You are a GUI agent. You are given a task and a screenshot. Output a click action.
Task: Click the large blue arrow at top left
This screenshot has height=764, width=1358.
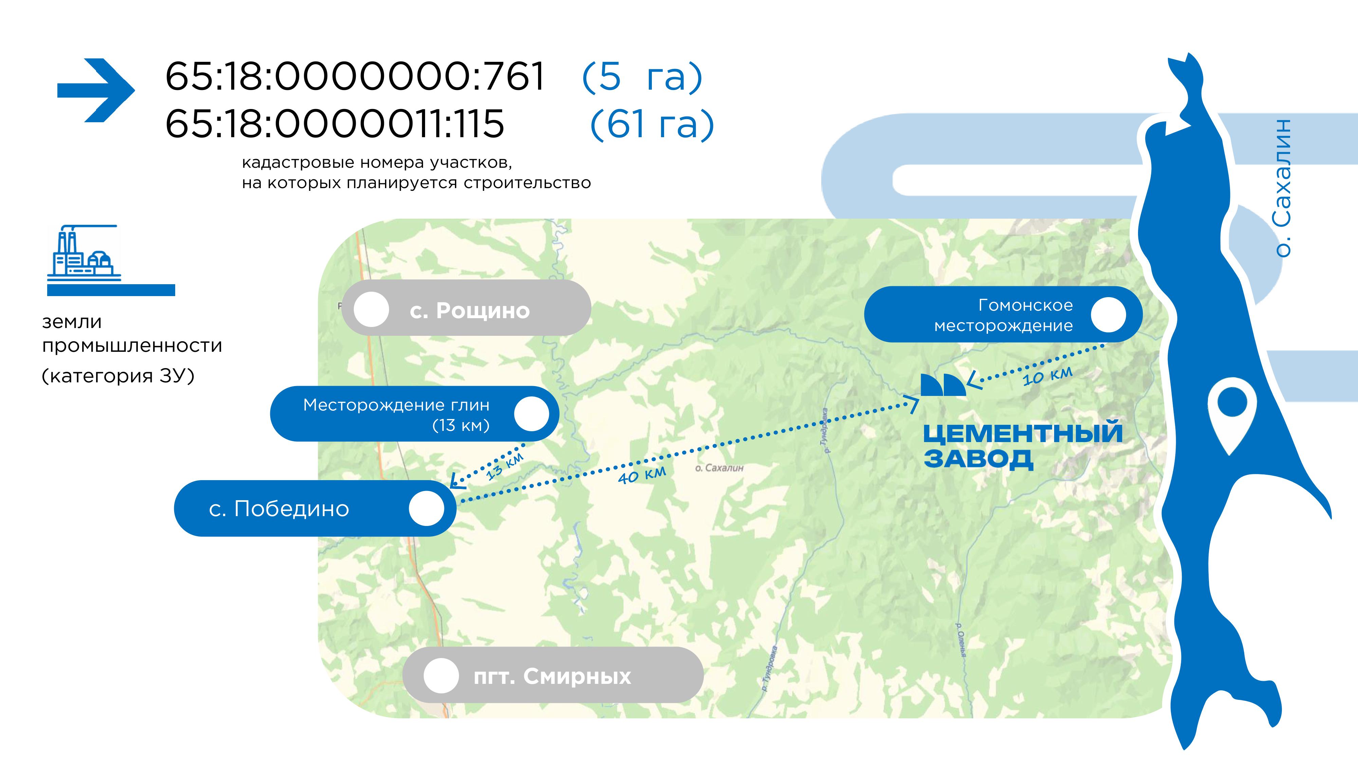click(x=96, y=90)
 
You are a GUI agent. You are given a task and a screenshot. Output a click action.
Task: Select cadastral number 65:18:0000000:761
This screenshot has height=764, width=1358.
click(x=355, y=76)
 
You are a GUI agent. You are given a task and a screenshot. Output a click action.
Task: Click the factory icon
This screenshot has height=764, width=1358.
click(x=84, y=252)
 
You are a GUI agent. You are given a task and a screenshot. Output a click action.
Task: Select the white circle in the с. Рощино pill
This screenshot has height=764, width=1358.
click(x=371, y=309)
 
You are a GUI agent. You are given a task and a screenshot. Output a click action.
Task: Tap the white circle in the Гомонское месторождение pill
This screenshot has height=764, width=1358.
click(x=1108, y=315)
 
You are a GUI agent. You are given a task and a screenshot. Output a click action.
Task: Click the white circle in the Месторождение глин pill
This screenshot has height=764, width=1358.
click(x=531, y=414)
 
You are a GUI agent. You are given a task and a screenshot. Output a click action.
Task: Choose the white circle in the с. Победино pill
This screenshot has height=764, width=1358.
click(x=426, y=508)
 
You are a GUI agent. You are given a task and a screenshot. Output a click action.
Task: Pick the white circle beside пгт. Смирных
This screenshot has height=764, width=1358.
click(x=441, y=675)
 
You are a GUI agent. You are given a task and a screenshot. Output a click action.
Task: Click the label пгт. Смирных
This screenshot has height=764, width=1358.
click(x=552, y=676)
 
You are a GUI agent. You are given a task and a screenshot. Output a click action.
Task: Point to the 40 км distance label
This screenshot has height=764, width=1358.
click(x=642, y=475)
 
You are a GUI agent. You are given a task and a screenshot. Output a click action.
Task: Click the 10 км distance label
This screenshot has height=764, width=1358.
click(x=1047, y=376)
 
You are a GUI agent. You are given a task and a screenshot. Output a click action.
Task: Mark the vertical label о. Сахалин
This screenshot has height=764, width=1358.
click(x=1282, y=188)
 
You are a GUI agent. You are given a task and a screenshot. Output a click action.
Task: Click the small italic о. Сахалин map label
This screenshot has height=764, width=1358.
click(x=719, y=468)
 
